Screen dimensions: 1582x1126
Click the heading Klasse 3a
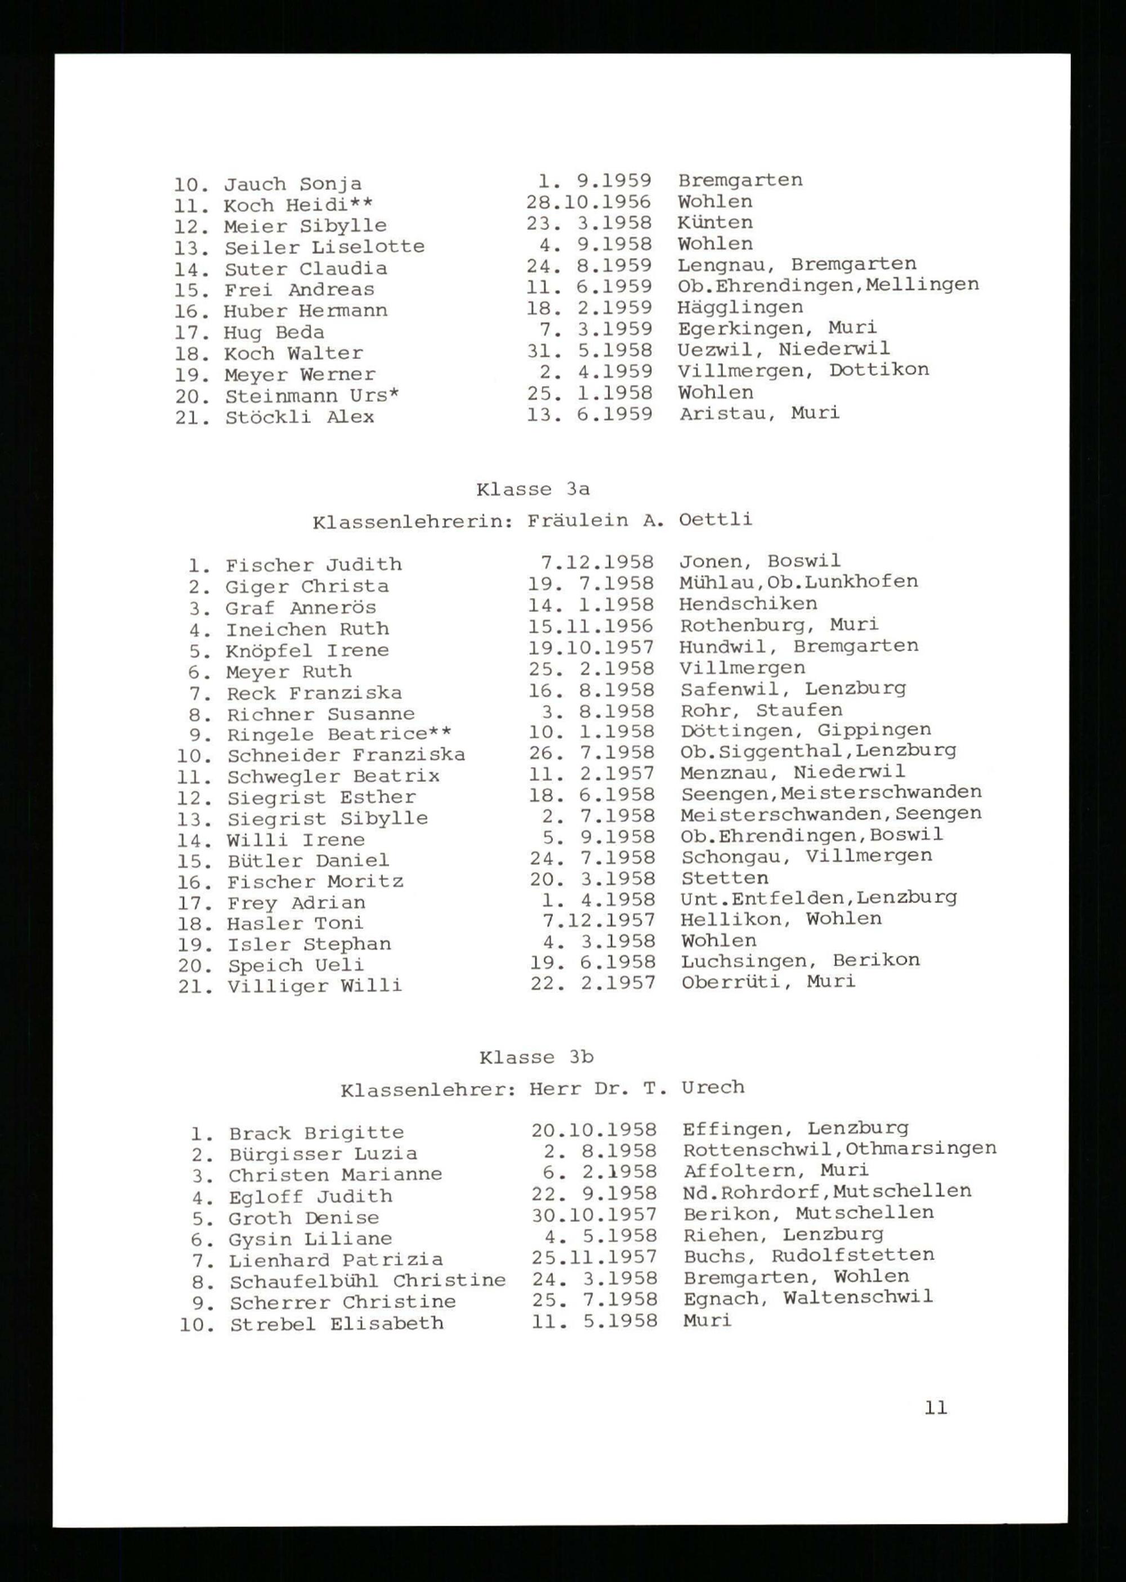pos(533,489)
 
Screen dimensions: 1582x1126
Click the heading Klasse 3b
pos(536,1058)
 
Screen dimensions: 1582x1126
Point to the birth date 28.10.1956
pos(589,203)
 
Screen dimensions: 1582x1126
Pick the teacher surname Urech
pos(713,1088)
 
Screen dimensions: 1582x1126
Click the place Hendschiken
pos(748,604)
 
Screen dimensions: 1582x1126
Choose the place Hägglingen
pos(740,308)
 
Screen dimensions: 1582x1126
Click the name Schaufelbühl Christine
pos(368,1281)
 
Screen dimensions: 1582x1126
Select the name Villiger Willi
pos(314,986)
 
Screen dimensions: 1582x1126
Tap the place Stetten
pos(725,879)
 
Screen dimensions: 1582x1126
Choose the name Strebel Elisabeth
pos(336,1324)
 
